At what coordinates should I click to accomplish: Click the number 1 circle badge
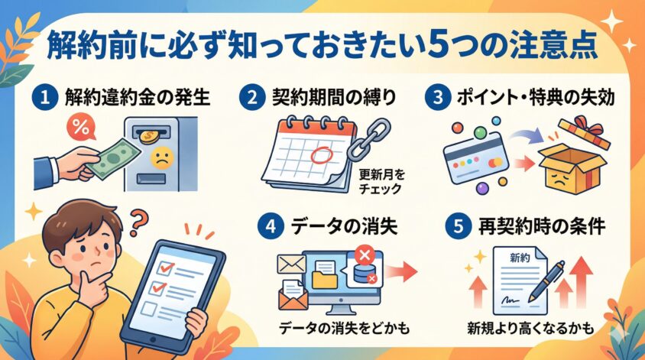click(x=45, y=98)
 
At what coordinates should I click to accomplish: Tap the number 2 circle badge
click(x=251, y=98)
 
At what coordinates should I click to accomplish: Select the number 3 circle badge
click(x=438, y=98)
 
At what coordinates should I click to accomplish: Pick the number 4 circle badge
click(x=271, y=226)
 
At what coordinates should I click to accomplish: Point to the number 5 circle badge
click(x=459, y=226)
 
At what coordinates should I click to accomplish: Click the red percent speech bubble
click(x=81, y=127)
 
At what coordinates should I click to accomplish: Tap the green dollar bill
click(x=114, y=159)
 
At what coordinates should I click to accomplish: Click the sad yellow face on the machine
click(x=162, y=159)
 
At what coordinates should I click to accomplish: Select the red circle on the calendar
click(x=321, y=155)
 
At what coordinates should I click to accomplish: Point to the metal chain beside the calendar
click(x=368, y=139)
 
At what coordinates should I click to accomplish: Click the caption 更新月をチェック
click(x=381, y=181)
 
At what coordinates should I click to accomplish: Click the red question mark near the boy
click(x=139, y=222)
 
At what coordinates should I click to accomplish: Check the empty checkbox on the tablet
click(x=148, y=309)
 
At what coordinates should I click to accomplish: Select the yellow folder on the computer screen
click(x=325, y=277)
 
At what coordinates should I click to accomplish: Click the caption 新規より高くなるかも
click(x=530, y=329)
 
